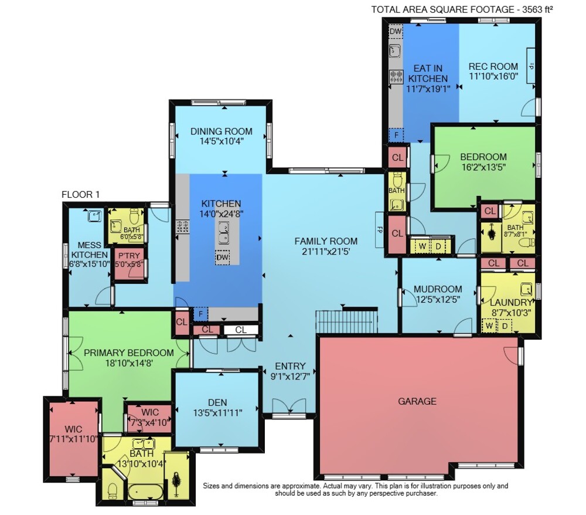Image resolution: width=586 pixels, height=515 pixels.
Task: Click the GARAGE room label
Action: tap(417, 401)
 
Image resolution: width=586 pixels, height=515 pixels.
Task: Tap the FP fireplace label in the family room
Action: tap(380, 229)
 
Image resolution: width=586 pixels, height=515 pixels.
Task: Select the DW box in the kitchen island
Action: tap(222, 257)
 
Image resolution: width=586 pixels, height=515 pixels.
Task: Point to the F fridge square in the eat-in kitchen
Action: tap(397, 135)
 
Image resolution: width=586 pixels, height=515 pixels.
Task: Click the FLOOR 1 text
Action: tap(81, 195)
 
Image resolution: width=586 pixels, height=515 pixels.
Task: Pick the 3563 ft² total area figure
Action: tap(537, 9)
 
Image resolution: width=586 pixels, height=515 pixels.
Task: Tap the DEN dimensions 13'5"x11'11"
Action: tap(217, 413)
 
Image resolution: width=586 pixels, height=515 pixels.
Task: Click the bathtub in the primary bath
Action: tap(146, 492)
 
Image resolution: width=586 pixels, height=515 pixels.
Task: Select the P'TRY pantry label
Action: tap(129, 256)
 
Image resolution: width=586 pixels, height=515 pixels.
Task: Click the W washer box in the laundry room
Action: tap(489, 326)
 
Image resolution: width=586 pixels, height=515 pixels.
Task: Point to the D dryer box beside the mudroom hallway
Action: tap(438, 246)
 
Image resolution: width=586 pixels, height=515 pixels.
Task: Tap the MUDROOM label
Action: tap(438, 289)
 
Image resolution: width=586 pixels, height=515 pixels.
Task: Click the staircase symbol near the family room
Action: tap(347, 320)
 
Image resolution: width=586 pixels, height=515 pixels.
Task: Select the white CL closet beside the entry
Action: tap(241, 330)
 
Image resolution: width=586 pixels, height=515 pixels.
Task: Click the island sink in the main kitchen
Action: tap(224, 232)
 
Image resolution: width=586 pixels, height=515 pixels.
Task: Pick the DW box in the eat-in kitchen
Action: tap(396, 32)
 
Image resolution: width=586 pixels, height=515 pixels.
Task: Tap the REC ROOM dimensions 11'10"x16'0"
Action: tap(493, 76)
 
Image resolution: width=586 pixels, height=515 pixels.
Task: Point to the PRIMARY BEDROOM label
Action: tap(128, 353)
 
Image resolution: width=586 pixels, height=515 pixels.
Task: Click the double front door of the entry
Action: tap(289, 406)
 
